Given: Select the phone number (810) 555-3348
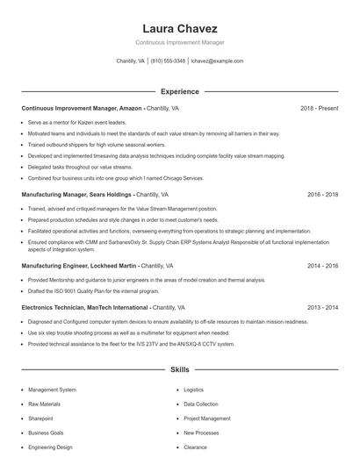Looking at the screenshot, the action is coord(168,61).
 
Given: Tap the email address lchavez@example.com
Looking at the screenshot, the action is coord(217,61).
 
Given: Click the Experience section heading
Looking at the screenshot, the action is coord(179,91).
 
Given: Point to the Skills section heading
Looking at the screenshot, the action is coord(179,370).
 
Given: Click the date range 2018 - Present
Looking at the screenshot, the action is coord(319,109).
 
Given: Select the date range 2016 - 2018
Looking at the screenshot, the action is coord(322,194).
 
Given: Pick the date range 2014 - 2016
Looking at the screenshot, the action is coord(322,265).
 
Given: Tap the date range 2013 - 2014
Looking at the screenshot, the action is coord(322,308).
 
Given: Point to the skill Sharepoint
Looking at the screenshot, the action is coord(40,418).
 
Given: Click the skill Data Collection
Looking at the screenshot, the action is coord(201,404).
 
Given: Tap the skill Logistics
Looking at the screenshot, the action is coord(193,390).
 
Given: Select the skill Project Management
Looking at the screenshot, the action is coord(207,418).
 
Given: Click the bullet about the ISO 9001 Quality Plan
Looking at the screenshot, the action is coord(94,290).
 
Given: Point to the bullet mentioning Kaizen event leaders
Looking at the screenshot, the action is coord(77,123).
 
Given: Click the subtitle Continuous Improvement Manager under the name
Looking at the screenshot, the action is coord(179,42).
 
